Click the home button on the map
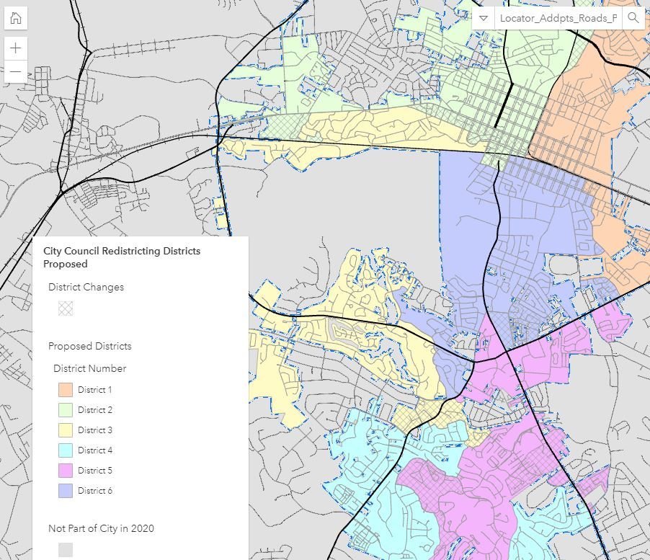(15, 19)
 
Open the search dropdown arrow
(484, 18)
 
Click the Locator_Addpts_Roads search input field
(558, 18)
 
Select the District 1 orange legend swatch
(66, 390)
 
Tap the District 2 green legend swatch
(66, 410)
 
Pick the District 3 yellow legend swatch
(66, 430)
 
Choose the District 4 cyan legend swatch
(66, 450)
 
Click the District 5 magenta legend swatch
(66, 471)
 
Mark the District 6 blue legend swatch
(66, 491)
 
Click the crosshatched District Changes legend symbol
(66, 308)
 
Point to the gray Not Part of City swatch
(66, 550)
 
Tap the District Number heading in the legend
(89, 368)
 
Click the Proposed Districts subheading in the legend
(89, 346)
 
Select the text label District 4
(95, 450)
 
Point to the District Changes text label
(86, 287)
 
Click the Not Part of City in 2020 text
(101, 528)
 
